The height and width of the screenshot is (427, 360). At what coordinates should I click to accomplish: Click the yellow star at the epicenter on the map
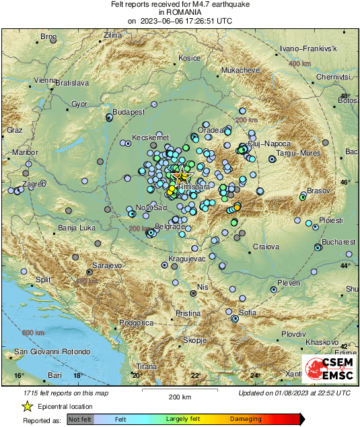pyautogui.click(x=181, y=176)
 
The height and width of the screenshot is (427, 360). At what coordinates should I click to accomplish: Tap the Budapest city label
pyautogui.click(x=129, y=111)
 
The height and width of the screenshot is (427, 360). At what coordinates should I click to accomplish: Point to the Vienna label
pyautogui.click(x=44, y=80)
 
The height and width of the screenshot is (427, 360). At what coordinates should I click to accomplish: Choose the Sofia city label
pyautogui.click(x=247, y=313)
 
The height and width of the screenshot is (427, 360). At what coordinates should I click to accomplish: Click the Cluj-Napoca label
pyautogui.click(x=268, y=144)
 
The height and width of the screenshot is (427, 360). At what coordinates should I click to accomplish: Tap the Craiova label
pyautogui.click(x=265, y=247)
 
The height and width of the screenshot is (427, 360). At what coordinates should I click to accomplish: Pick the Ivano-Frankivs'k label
pyautogui.click(x=313, y=50)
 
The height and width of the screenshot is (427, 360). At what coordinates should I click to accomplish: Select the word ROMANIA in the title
pyautogui.click(x=180, y=12)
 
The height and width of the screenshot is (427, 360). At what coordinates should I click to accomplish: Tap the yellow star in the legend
pyautogui.click(x=27, y=406)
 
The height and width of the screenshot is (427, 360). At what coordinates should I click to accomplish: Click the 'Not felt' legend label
pyautogui.click(x=80, y=419)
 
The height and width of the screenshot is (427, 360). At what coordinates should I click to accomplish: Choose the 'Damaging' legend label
pyautogui.click(x=246, y=419)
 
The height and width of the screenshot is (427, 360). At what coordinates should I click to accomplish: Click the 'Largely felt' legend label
pyautogui.click(x=184, y=419)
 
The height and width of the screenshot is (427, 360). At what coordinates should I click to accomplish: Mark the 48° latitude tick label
pyautogui.click(x=345, y=97)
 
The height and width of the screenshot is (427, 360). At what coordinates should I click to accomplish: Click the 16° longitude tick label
pyautogui.click(x=19, y=375)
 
